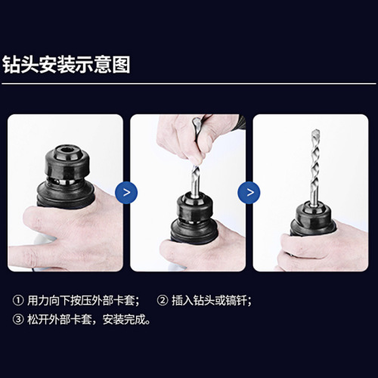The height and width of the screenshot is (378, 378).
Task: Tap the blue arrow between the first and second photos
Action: point(126,192)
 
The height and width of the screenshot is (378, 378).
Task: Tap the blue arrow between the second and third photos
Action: point(248,192)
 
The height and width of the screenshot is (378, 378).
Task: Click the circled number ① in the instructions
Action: point(18,300)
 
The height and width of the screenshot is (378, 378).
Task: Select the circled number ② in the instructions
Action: point(162,300)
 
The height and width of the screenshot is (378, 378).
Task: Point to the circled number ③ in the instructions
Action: point(18,319)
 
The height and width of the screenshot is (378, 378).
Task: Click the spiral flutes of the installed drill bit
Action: point(311,166)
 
